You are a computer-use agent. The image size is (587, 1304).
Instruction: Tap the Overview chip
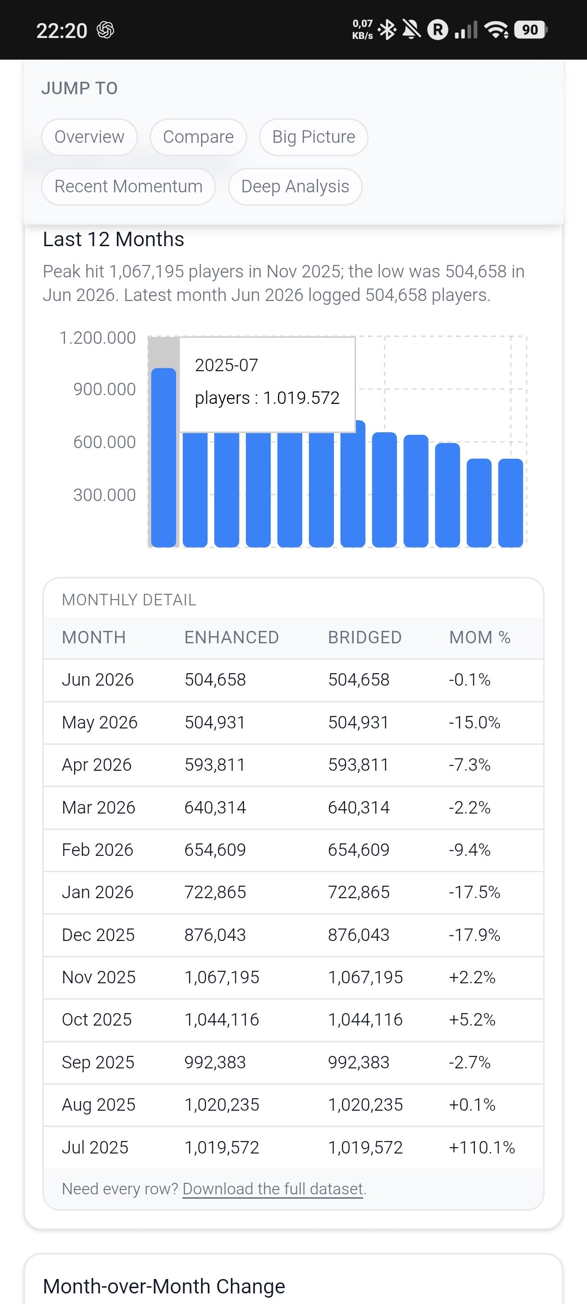coord(89,137)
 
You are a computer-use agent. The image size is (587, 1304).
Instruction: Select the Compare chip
coord(198,137)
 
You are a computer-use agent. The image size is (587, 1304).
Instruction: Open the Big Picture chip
coord(314,137)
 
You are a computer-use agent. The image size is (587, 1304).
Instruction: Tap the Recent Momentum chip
coord(128,186)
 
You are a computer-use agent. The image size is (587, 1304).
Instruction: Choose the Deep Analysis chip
coord(295,186)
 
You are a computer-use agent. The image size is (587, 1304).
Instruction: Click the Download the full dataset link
coord(273,1188)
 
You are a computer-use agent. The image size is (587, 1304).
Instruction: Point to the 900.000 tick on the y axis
coord(104,389)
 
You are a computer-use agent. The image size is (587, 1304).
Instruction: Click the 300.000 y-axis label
coord(104,495)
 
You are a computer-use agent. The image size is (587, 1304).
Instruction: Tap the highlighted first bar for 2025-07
coord(164,458)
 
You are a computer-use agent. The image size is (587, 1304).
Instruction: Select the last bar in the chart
coord(510,502)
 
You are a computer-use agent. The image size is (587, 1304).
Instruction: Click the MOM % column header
coord(480,637)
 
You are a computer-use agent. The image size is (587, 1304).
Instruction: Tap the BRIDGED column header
coord(365,637)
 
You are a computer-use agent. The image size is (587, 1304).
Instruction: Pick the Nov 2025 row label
coord(99,977)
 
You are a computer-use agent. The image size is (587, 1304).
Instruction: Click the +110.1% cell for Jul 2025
coord(482,1147)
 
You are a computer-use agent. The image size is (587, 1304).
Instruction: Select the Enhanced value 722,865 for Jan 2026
coord(215,892)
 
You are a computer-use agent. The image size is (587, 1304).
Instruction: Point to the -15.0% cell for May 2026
coord(474,722)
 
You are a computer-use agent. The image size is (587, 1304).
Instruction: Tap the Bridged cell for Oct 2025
coord(365,1019)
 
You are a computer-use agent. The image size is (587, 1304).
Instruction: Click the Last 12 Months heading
coord(114,239)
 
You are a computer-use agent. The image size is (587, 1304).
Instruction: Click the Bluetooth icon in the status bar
coord(388,30)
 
